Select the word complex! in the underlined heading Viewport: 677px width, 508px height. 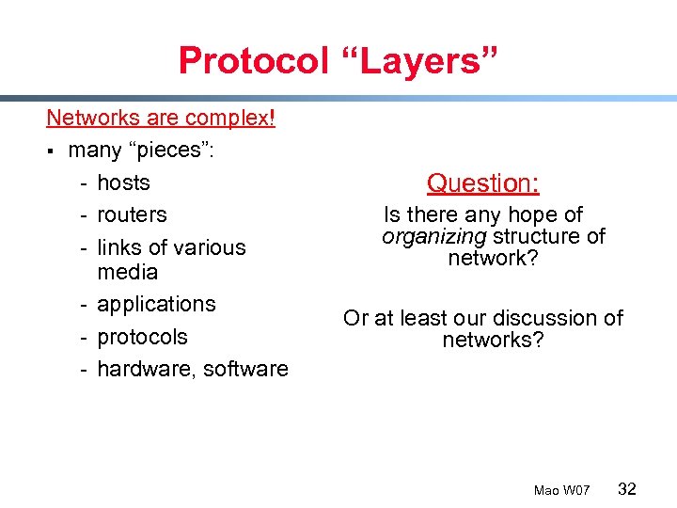(x=229, y=119)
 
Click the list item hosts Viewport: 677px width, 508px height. (x=123, y=183)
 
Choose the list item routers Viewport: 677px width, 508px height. (x=132, y=214)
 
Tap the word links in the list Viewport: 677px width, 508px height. (x=119, y=247)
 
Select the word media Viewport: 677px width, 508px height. (x=127, y=273)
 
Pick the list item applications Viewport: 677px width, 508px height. (x=156, y=305)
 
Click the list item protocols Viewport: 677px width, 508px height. (x=142, y=337)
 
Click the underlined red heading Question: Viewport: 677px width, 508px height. (x=482, y=183)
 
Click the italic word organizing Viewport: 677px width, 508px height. (x=433, y=236)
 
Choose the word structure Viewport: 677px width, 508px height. (x=541, y=236)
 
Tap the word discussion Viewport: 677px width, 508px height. (x=545, y=318)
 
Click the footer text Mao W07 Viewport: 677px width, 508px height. (x=561, y=491)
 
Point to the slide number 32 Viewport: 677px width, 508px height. (x=627, y=489)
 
